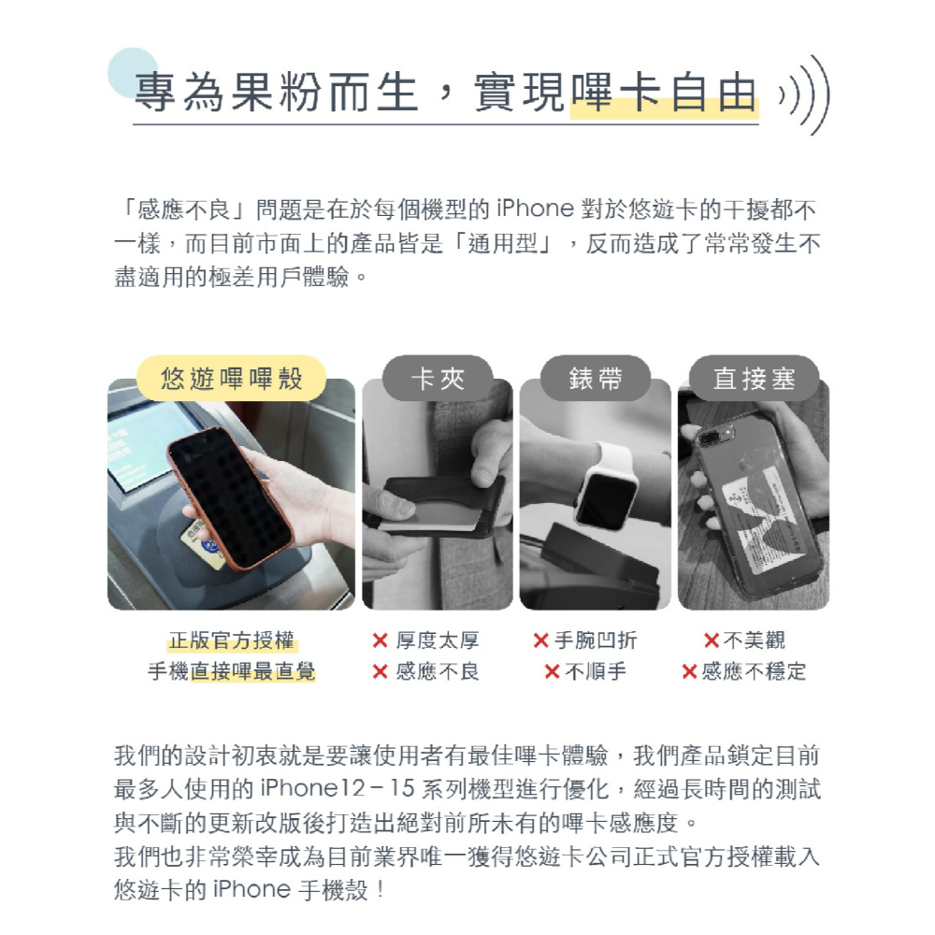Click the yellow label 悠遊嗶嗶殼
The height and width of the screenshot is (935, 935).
click(231, 379)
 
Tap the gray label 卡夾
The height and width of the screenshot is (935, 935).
click(438, 379)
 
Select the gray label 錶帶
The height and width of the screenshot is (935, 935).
click(596, 379)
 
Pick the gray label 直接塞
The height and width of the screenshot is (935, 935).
click(754, 379)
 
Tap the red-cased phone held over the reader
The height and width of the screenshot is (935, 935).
click(229, 496)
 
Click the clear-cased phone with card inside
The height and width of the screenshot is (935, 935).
click(748, 505)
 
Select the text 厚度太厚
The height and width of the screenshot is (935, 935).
click(438, 640)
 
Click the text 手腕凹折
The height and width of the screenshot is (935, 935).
click(596, 640)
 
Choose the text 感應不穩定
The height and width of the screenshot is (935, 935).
click(754, 671)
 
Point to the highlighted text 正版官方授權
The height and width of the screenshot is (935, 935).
click(231, 640)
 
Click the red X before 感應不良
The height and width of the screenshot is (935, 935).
click(380, 671)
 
